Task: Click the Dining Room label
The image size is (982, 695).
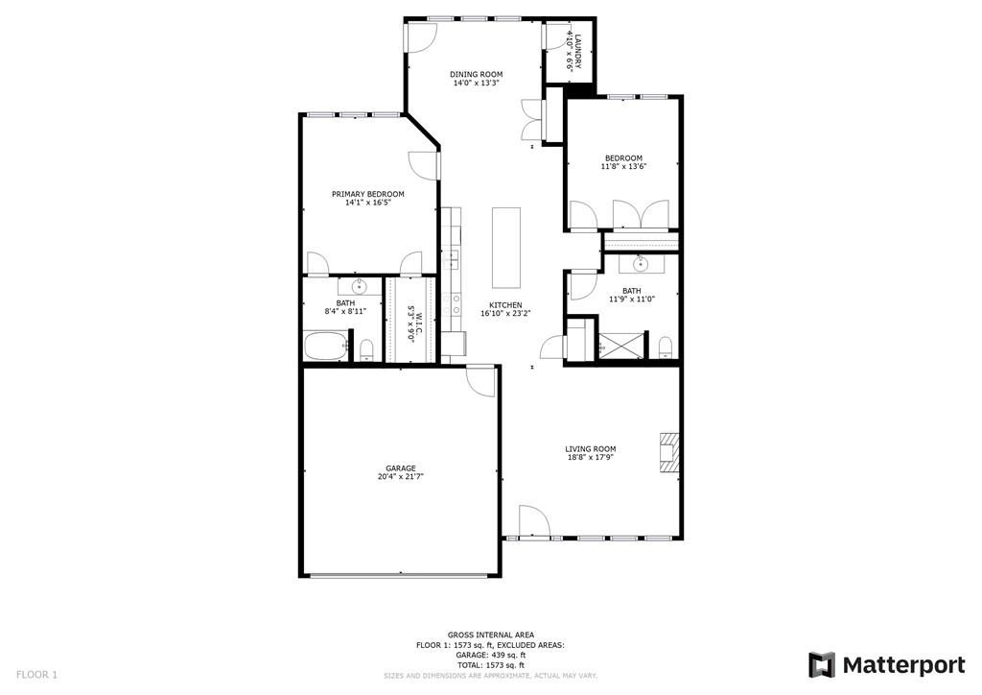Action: click(476, 74)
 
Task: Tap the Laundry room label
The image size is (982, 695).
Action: click(578, 51)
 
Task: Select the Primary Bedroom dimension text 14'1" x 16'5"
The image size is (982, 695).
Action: click(367, 203)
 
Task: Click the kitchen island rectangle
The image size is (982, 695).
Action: click(506, 247)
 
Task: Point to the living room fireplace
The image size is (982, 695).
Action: click(668, 451)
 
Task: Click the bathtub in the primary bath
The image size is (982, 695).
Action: click(325, 345)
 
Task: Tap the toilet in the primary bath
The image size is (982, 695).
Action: click(366, 350)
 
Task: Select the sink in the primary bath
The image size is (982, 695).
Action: click(359, 288)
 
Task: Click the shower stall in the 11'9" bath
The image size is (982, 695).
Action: click(620, 345)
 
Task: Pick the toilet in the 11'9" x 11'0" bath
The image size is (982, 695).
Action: click(666, 347)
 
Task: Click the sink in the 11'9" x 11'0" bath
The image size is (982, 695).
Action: click(640, 264)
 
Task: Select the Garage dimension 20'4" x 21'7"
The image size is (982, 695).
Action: click(401, 477)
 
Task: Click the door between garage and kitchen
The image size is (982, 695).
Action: click(482, 380)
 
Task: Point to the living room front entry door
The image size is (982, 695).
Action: click(533, 521)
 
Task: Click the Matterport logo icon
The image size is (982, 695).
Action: click(821, 665)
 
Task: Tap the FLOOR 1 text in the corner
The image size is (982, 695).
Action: click(36, 675)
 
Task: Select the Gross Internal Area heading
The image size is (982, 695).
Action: click(491, 635)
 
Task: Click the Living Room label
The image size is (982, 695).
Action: click(591, 448)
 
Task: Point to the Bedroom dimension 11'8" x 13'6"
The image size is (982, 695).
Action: click(623, 167)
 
